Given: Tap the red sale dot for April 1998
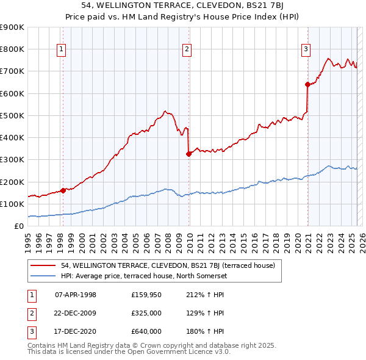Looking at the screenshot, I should pos(63,190).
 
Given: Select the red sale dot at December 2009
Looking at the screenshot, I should pos(188,154).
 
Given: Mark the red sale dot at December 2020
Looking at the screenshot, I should pos(308,85).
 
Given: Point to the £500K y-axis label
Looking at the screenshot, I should pos(12,115).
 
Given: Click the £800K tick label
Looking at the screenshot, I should pos(12,49).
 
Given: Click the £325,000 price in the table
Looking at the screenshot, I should pos(146,313).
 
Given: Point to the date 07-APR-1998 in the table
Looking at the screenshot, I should pos(76,295).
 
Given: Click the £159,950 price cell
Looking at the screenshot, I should pos(146,295).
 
